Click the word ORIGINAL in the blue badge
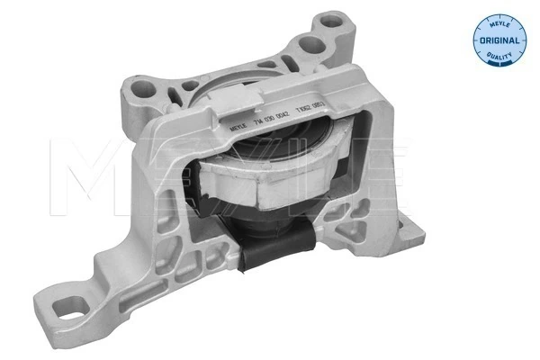[497, 41]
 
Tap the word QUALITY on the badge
[497, 58]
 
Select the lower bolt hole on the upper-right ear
[311, 44]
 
